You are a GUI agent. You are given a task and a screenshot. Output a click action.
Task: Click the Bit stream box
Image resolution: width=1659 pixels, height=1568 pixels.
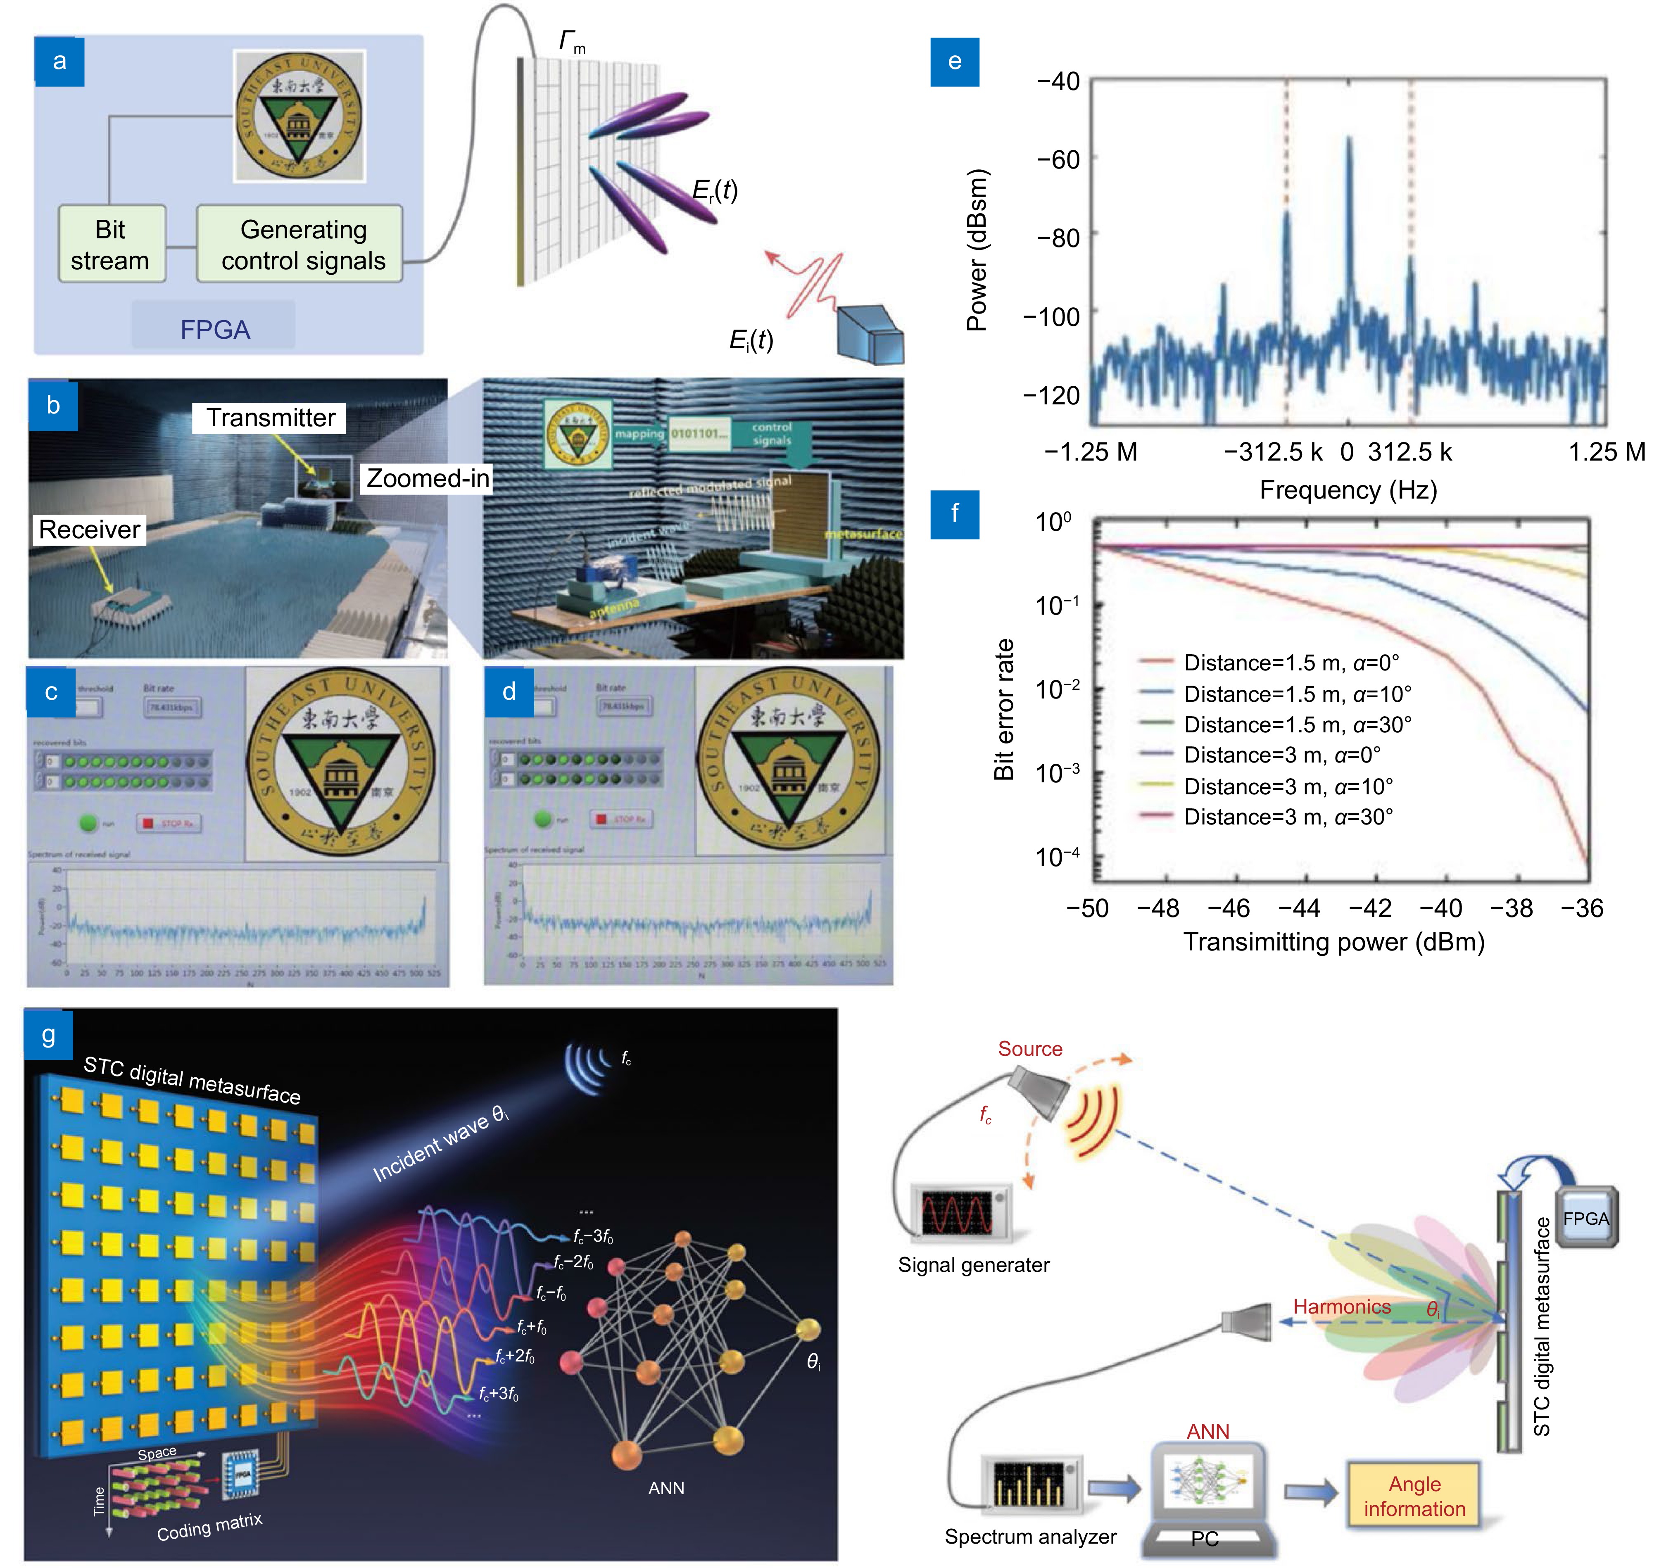coord(111,244)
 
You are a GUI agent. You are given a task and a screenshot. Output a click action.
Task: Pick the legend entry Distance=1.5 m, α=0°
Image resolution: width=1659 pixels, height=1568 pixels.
coord(1291,663)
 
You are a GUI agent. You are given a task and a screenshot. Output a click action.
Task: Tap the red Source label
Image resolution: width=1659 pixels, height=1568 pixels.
coord(1030,1049)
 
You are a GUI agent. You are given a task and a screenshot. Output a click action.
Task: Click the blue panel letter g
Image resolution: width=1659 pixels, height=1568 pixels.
coord(48,1035)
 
